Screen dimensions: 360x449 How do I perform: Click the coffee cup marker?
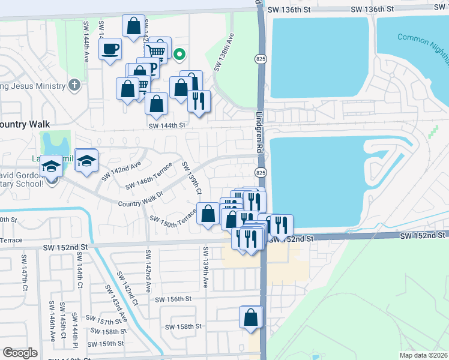110,49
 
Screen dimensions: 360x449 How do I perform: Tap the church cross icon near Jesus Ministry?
74,85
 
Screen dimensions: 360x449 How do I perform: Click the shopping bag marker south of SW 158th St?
251,317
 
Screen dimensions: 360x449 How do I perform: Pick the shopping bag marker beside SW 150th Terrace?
208,214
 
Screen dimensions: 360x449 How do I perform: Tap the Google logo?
20,352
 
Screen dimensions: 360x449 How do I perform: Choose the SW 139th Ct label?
191,178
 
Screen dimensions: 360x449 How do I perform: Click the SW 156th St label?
173,299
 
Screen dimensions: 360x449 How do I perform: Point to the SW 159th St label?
106,344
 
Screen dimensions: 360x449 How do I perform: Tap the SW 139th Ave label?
205,266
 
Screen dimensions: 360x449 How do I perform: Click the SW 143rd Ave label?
115,303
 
